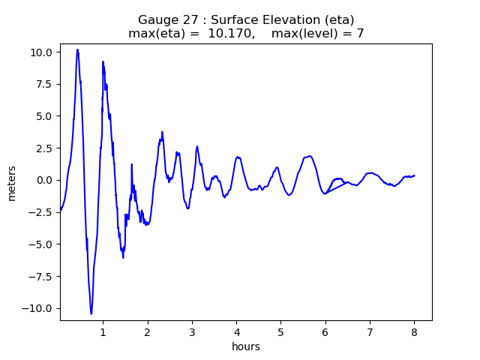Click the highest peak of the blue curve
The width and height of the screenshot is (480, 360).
[x=77, y=49]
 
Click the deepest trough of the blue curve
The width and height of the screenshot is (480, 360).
[x=91, y=313]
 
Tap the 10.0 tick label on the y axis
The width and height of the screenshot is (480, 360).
[x=41, y=52]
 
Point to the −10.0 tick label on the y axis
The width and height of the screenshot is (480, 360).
[x=38, y=308]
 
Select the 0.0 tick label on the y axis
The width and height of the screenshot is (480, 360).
[x=43, y=180]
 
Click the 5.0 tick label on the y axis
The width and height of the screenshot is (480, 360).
[x=43, y=116]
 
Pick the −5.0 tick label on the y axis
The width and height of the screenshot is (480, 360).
[x=40, y=244]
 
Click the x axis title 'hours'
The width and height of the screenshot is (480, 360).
[x=246, y=346]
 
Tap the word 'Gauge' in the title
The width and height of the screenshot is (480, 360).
[x=155, y=19]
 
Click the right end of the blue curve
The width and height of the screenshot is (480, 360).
[x=414, y=175]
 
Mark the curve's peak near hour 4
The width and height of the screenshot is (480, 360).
[x=238, y=157]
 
